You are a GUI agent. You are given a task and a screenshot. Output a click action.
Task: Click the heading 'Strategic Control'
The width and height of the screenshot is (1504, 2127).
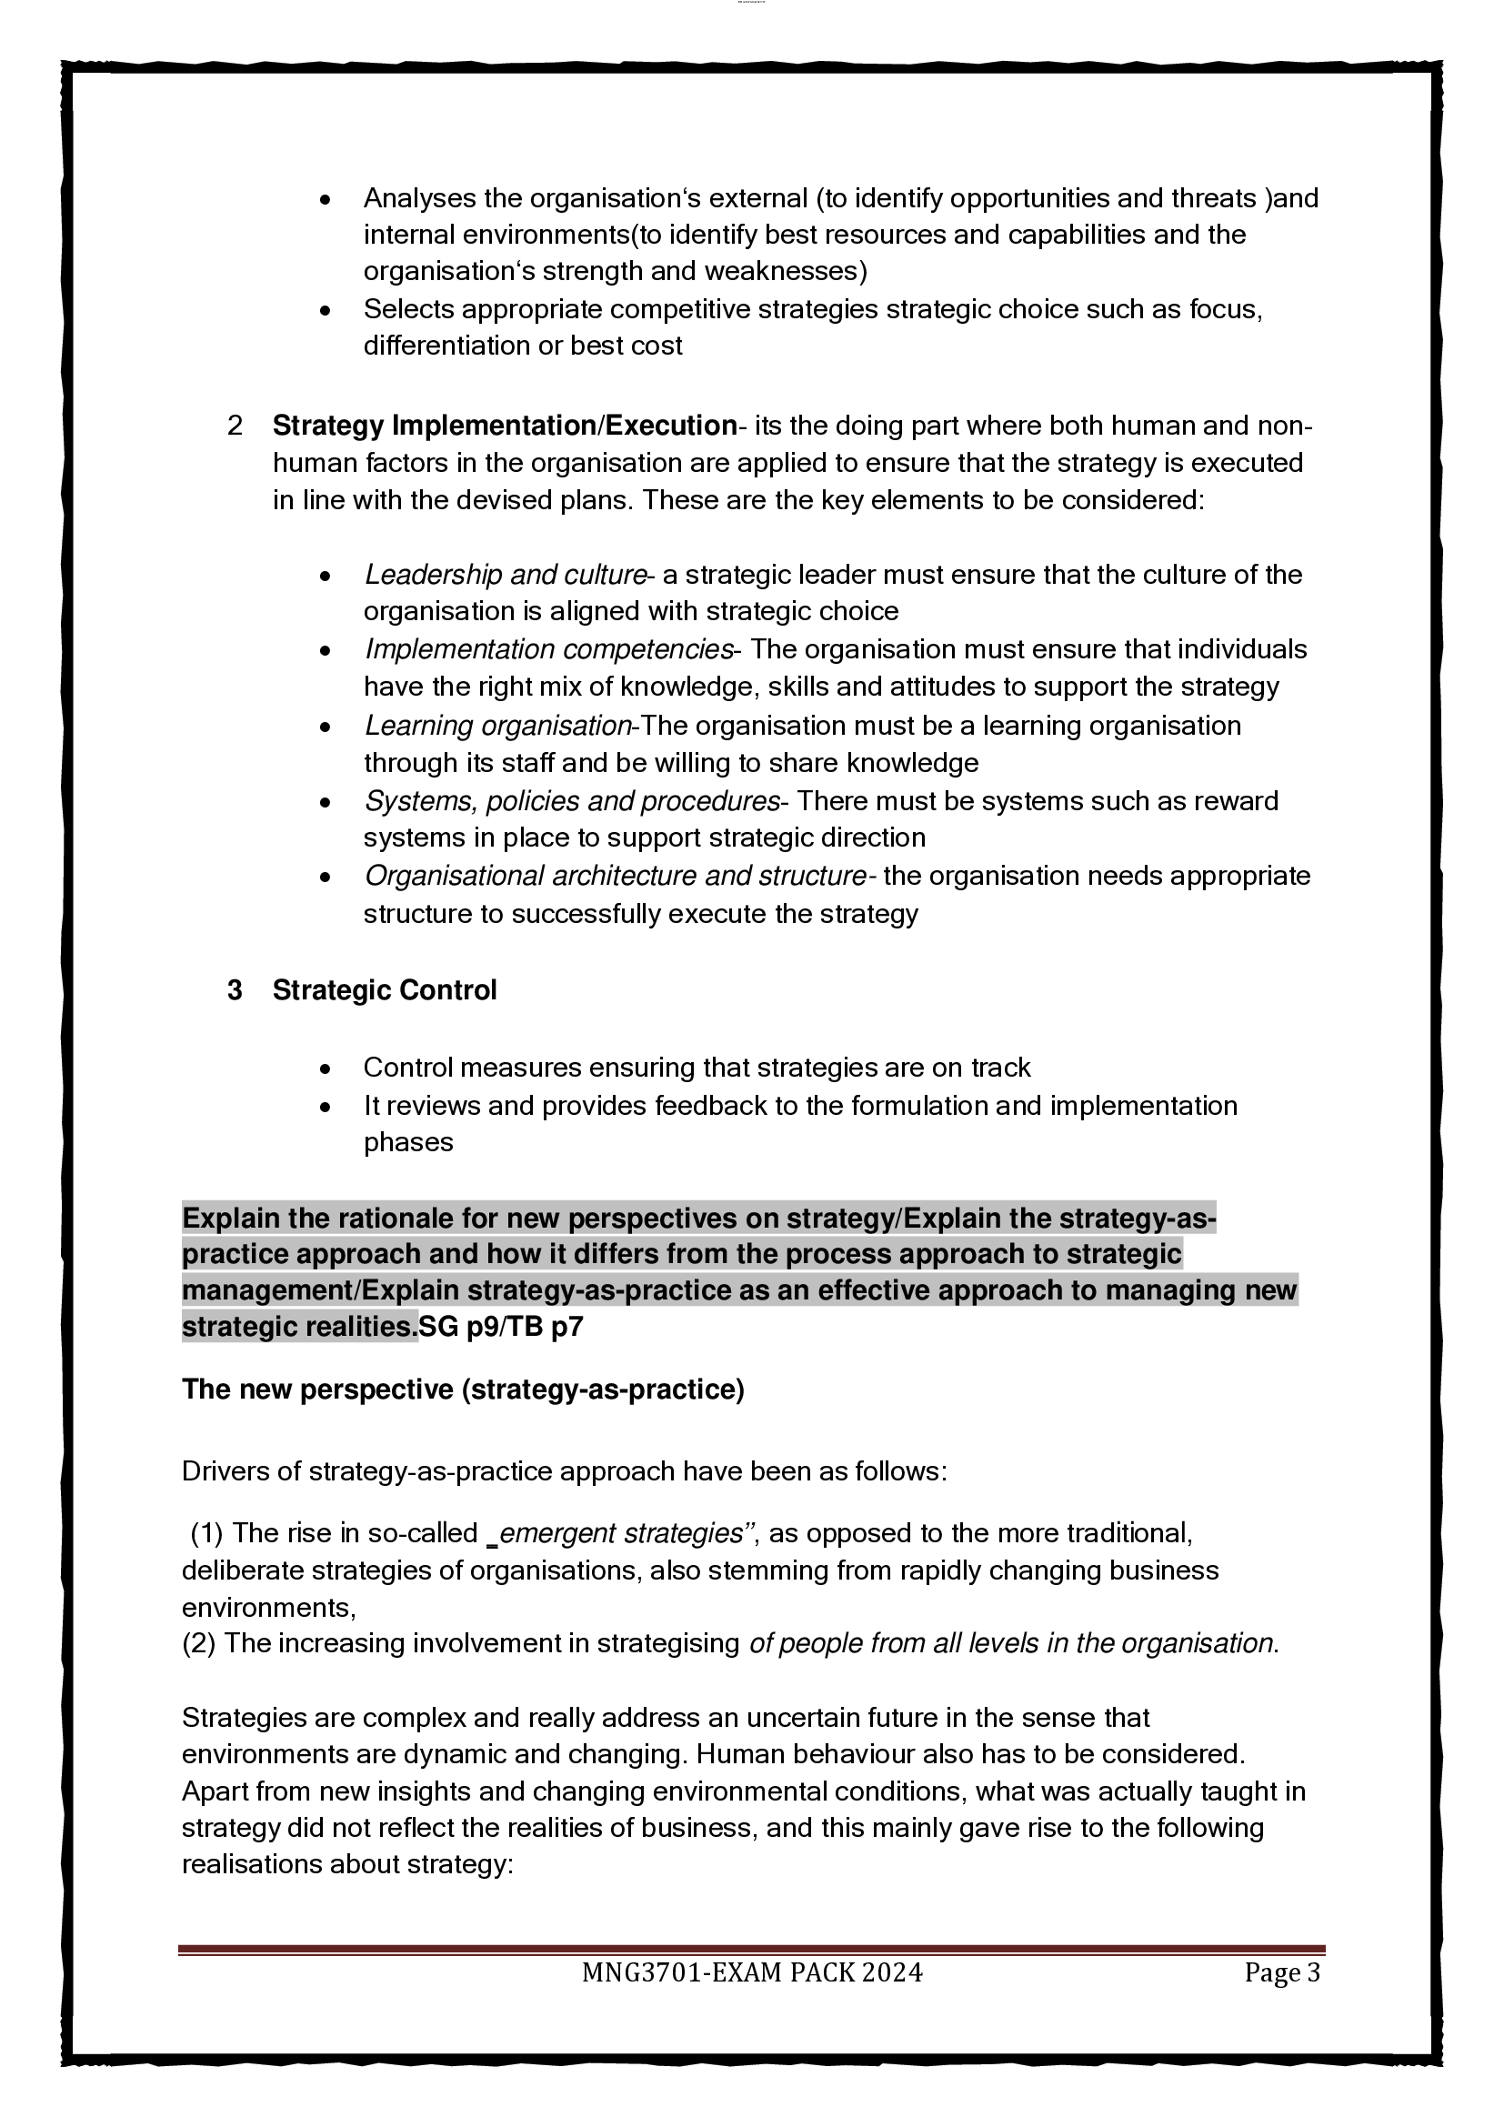tap(384, 990)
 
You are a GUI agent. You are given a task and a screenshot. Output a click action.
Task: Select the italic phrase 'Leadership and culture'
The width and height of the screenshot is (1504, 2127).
tap(505, 575)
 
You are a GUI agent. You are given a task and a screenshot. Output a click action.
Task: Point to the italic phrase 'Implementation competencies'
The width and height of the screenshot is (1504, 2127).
tap(549, 649)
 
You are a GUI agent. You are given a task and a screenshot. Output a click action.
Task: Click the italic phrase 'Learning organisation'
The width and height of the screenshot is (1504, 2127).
tap(498, 726)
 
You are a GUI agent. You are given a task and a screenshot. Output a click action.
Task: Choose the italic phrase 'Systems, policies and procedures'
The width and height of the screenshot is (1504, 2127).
tap(571, 800)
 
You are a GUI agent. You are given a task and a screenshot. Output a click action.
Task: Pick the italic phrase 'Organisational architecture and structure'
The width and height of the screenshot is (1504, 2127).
tap(615, 876)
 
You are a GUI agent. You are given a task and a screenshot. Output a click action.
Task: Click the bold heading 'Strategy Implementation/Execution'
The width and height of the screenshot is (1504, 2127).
tap(504, 426)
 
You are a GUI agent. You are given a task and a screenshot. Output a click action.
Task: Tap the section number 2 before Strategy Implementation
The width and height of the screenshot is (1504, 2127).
tap(236, 426)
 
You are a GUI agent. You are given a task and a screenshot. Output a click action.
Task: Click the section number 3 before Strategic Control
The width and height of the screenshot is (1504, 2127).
tap(236, 990)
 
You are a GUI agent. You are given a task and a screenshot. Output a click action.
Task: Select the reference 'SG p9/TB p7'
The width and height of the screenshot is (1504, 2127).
tap(501, 1328)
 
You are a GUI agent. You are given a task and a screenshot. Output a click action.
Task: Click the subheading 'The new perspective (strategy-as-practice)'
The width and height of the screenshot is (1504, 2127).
tap(463, 1390)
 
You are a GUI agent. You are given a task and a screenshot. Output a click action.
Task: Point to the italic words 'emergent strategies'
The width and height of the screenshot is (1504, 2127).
tap(620, 1533)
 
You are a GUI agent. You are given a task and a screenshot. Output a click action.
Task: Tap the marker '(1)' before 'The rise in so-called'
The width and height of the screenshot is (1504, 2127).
tap(206, 1533)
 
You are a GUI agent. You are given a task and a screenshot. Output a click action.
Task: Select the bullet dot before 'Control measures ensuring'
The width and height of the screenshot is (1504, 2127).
tap(325, 1069)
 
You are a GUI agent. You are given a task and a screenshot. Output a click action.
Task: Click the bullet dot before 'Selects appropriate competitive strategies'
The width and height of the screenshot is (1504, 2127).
tap(325, 310)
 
